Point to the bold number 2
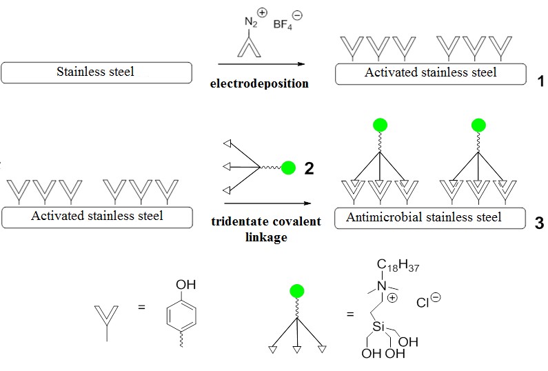(309, 168)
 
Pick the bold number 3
(539, 223)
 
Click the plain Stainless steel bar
(97, 72)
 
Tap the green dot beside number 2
(289, 168)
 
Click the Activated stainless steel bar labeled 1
(430, 72)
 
